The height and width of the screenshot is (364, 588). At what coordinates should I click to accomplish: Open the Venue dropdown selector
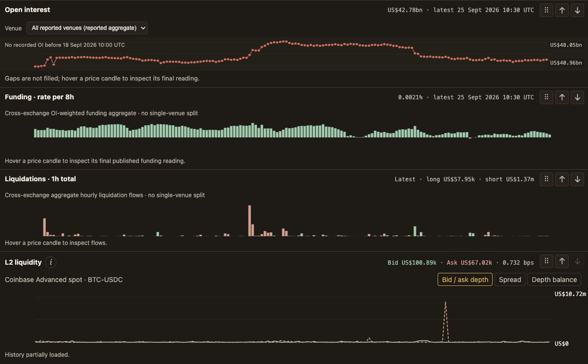pos(87,28)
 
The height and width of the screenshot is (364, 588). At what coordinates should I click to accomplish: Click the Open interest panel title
pos(27,10)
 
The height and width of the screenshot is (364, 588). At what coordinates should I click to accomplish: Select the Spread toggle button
pos(510,280)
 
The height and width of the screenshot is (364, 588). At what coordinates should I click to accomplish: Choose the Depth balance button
pos(554,280)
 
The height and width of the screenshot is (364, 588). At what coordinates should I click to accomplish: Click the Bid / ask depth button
pos(465,280)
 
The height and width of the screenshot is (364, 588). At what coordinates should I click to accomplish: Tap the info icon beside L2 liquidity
pos(51,262)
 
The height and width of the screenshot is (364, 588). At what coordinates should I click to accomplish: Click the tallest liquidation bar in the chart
pos(249,221)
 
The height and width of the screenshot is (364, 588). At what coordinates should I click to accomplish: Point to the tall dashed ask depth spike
pos(445,322)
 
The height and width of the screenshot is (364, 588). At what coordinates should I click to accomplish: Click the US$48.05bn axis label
pos(566,45)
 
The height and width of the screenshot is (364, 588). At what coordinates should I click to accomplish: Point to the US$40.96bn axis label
pos(566,63)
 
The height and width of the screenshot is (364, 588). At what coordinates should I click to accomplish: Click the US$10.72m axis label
pos(570,294)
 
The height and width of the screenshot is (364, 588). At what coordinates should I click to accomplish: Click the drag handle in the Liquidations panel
pos(546,179)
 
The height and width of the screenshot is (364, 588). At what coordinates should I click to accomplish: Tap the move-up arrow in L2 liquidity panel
pos(562,261)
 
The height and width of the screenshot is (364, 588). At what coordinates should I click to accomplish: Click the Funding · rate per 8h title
pos(40,97)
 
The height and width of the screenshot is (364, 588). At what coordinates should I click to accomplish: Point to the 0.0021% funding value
pos(410,97)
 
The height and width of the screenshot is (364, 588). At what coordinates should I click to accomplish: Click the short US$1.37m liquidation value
pos(509,179)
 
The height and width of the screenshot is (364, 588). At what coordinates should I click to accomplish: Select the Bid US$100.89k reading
pos(412,262)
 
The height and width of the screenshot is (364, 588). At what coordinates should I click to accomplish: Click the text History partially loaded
pos(37,354)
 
